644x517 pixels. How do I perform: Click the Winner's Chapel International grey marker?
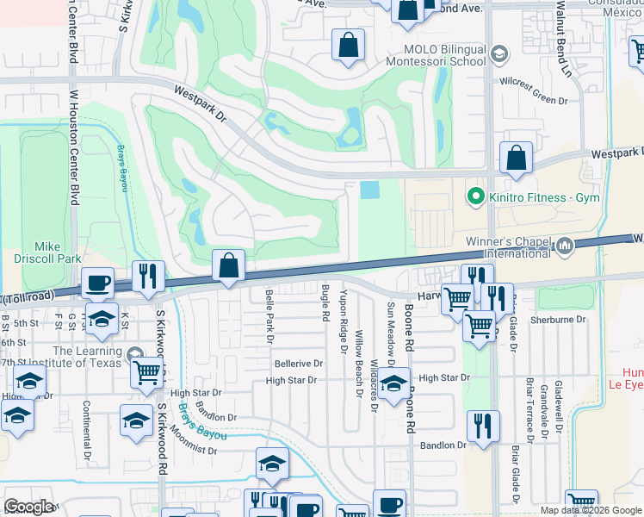click(x=565, y=246)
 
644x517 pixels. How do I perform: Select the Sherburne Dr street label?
click(x=559, y=319)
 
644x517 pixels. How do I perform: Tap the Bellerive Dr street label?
click(x=299, y=364)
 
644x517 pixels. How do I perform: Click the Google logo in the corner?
click(x=28, y=507)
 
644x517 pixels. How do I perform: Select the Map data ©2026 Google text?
click(x=591, y=510)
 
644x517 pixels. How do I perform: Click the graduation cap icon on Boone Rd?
click(x=394, y=386)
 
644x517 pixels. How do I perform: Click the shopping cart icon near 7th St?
click(x=147, y=373)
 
